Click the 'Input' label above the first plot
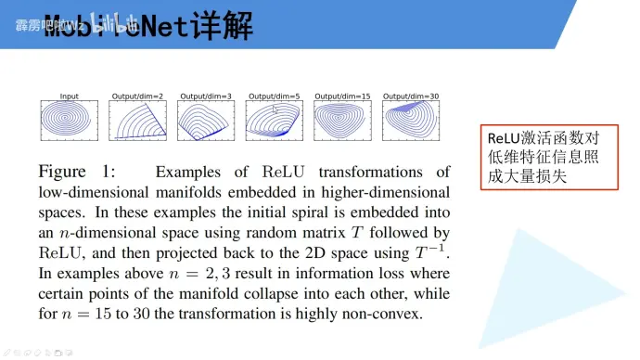coord(69,96)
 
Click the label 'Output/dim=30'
coord(410,96)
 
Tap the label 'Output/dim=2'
coord(137,96)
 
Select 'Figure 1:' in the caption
coord(78,173)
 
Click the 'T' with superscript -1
coord(431,252)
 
